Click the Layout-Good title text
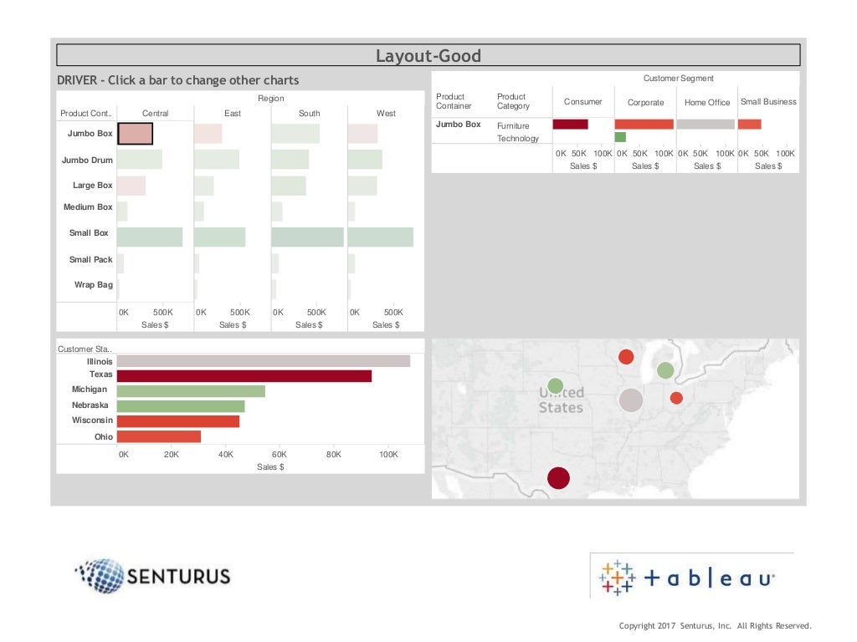pos(428,56)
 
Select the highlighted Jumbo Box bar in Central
pos(135,134)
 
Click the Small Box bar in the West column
pos(380,237)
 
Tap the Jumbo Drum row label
pos(87,160)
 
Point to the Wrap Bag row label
pos(93,285)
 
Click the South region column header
pos(309,113)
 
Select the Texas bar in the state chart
pos(244,376)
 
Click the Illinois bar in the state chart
pos(263,361)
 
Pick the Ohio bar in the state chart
pos(158,436)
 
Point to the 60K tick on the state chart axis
pos(280,455)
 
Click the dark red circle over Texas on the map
pos(558,478)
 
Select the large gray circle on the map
pos(631,400)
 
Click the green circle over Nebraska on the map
pos(555,385)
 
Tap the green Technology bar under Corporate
pos(620,137)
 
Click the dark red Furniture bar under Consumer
pos(570,125)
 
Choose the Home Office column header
pos(707,102)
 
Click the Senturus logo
pos(152,576)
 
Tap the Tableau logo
pos(687,577)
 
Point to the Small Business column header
pos(768,102)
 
